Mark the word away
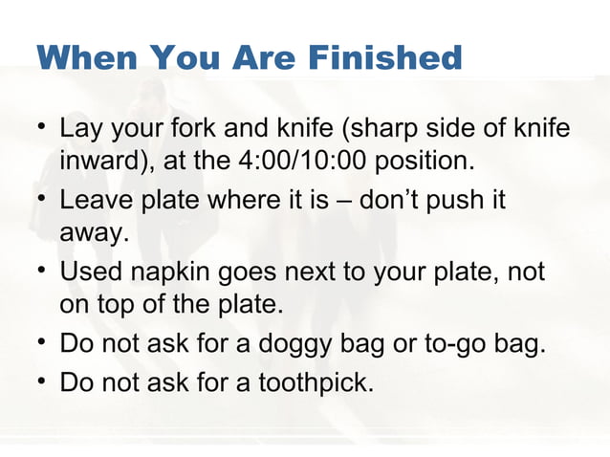pyautogui.click(x=91, y=234)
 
